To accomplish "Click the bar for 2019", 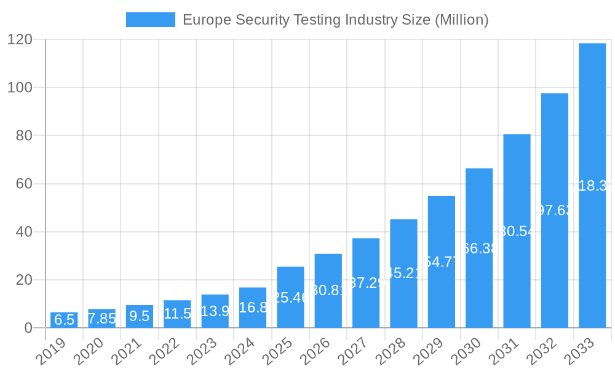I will tap(64, 320).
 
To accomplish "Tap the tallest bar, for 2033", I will tap(592, 185).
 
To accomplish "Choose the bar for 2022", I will tap(177, 314).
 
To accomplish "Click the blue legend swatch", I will tap(151, 20).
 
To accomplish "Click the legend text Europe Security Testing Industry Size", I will tap(335, 20).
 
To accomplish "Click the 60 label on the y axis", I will tap(24, 183).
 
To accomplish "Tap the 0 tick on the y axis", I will tap(28, 328).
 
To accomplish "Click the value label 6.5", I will tap(64, 320).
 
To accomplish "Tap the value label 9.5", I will tap(140, 316).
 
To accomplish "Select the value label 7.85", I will tap(102, 319).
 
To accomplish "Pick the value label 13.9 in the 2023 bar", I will tap(215, 311).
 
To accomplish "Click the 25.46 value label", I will tap(290, 298).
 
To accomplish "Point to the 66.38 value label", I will tap(479, 248).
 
